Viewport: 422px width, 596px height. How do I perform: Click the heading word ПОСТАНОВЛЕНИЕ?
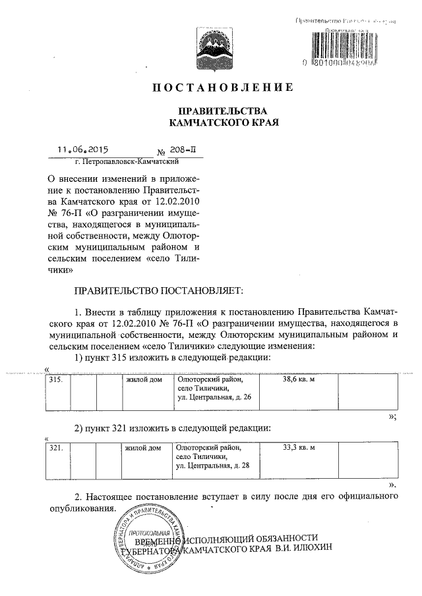coord(222,88)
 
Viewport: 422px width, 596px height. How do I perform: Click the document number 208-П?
coord(174,150)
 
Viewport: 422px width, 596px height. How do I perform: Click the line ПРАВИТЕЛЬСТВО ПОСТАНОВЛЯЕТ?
coord(159,290)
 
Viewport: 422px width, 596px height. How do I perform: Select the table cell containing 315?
coord(57,380)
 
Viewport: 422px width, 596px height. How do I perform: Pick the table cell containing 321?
coord(57,448)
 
